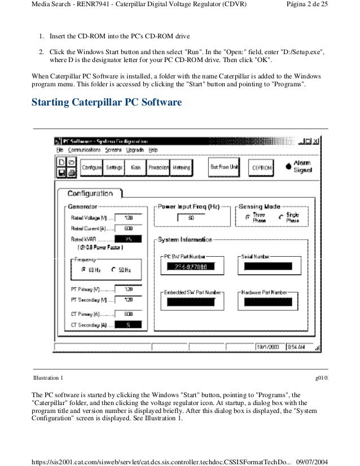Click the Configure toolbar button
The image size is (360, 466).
coord(91,168)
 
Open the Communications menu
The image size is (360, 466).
coord(84,150)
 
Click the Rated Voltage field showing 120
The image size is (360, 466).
coord(128,217)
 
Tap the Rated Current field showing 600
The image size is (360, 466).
coord(128,228)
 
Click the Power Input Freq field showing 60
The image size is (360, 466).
coord(191,217)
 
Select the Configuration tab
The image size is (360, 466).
coord(90,194)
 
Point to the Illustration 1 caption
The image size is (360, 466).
coord(49,377)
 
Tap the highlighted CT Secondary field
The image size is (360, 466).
coord(128,324)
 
